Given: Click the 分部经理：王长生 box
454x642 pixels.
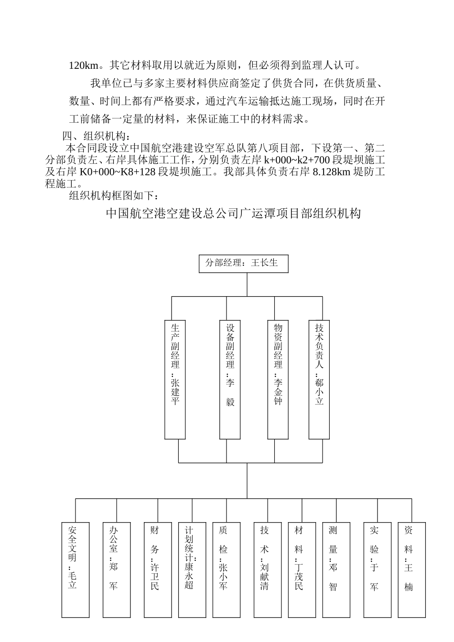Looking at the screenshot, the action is [x=243, y=263].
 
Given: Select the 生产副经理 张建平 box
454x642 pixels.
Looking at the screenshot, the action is [x=175, y=379].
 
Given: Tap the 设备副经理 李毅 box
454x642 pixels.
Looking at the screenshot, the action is [x=230, y=379].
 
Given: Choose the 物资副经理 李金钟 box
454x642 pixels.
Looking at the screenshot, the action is [x=278, y=379].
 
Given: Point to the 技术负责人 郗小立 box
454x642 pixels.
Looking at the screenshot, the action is [x=319, y=379].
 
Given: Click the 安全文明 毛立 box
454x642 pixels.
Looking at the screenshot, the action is [x=76, y=569].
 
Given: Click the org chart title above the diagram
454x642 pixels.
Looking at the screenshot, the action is [x=233, y=214].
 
